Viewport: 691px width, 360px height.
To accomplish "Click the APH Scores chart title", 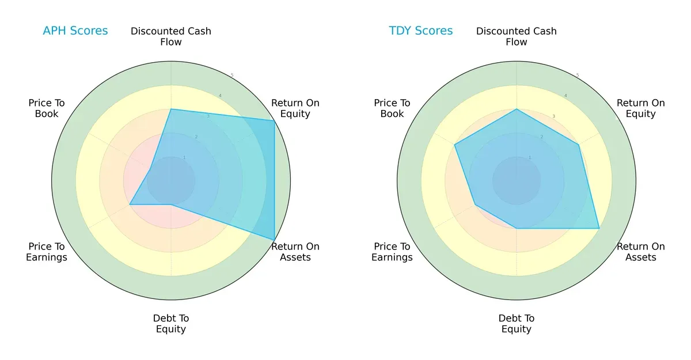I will (75, 31).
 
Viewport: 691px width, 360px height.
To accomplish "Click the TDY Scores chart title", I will (420, 31).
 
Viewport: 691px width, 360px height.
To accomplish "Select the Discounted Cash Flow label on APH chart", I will (171, 36).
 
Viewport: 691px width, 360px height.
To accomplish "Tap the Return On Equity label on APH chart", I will (295, 108).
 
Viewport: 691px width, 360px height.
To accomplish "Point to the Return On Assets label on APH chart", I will (295, 252).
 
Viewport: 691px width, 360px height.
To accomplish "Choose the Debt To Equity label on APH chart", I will (171, 324).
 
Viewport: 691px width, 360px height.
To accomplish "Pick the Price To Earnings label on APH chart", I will (47, 252).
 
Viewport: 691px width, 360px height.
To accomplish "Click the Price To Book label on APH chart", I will (47, 108).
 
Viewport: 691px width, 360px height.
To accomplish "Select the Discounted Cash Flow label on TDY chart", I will (517, 36).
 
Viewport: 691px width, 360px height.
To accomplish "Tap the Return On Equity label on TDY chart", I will (640, 108).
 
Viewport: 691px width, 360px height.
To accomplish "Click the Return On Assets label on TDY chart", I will (640, 252).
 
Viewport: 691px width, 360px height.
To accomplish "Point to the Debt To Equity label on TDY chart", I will (517, 324).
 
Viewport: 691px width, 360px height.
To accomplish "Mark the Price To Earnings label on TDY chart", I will (392, 252).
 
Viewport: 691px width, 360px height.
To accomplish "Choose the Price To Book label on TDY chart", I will (392, 108).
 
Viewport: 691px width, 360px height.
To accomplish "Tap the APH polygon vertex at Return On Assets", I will (274, 240).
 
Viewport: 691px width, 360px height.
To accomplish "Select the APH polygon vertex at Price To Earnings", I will (130, 204).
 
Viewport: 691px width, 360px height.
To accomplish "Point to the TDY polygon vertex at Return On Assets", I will (599, 229).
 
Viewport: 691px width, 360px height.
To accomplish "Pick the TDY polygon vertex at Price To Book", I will (454, 145).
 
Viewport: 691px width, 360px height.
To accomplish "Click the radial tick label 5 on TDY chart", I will (578, 75).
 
